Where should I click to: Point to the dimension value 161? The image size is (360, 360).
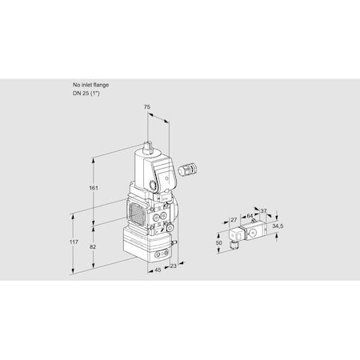(x=95, y=188)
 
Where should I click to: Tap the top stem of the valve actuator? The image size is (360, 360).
(x=149, y=148)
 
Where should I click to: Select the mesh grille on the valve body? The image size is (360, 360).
(x=138, y=215)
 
